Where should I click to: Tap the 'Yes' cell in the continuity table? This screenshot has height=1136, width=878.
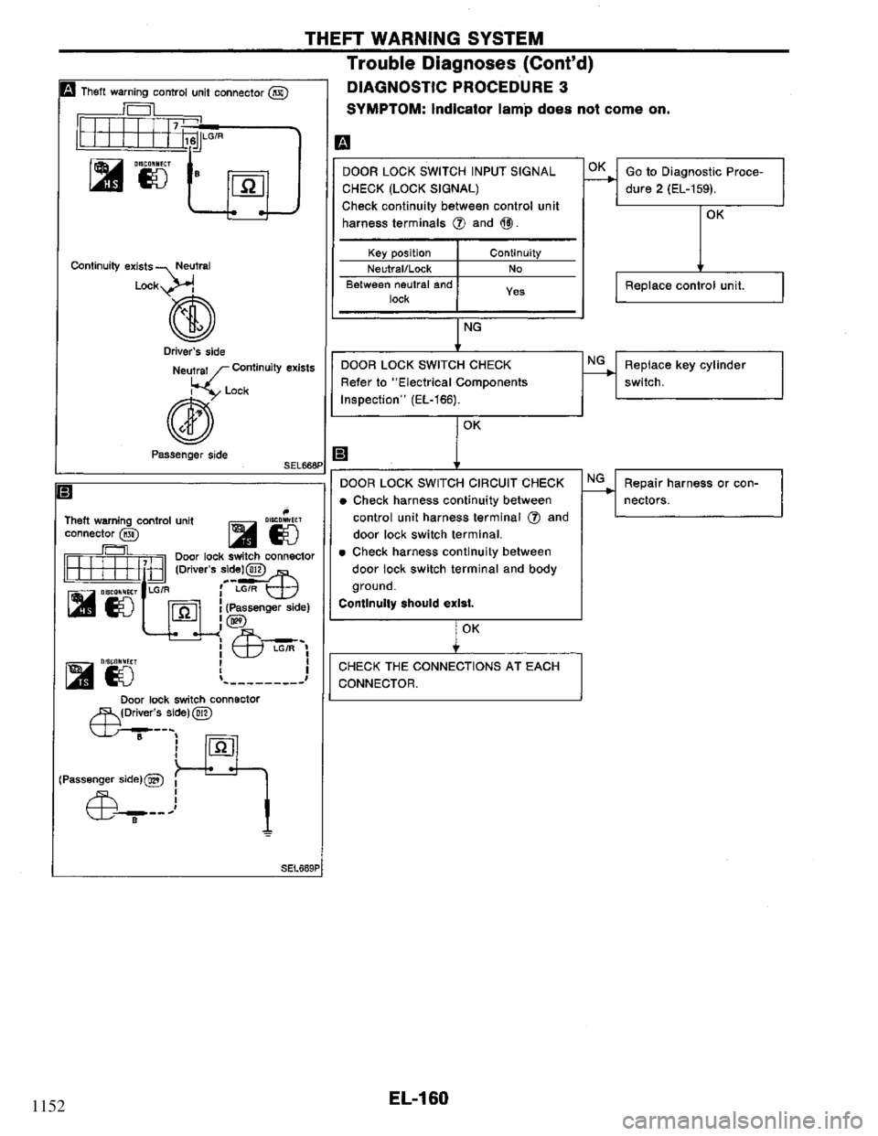click(515, 290)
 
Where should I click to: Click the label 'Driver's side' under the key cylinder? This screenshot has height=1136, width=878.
click(173, 350)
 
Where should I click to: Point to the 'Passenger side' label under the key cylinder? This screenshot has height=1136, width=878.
click(174, 453)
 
